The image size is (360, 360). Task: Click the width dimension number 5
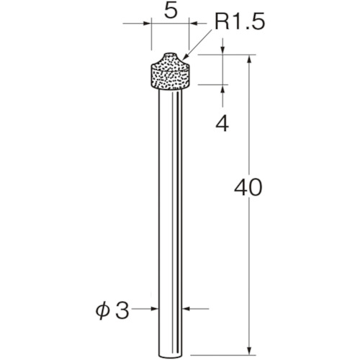[171, 12]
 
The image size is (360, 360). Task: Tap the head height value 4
[222, 124]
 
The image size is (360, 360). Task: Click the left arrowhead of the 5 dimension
[148, 24]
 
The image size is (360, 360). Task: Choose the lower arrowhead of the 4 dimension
[222, 90]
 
